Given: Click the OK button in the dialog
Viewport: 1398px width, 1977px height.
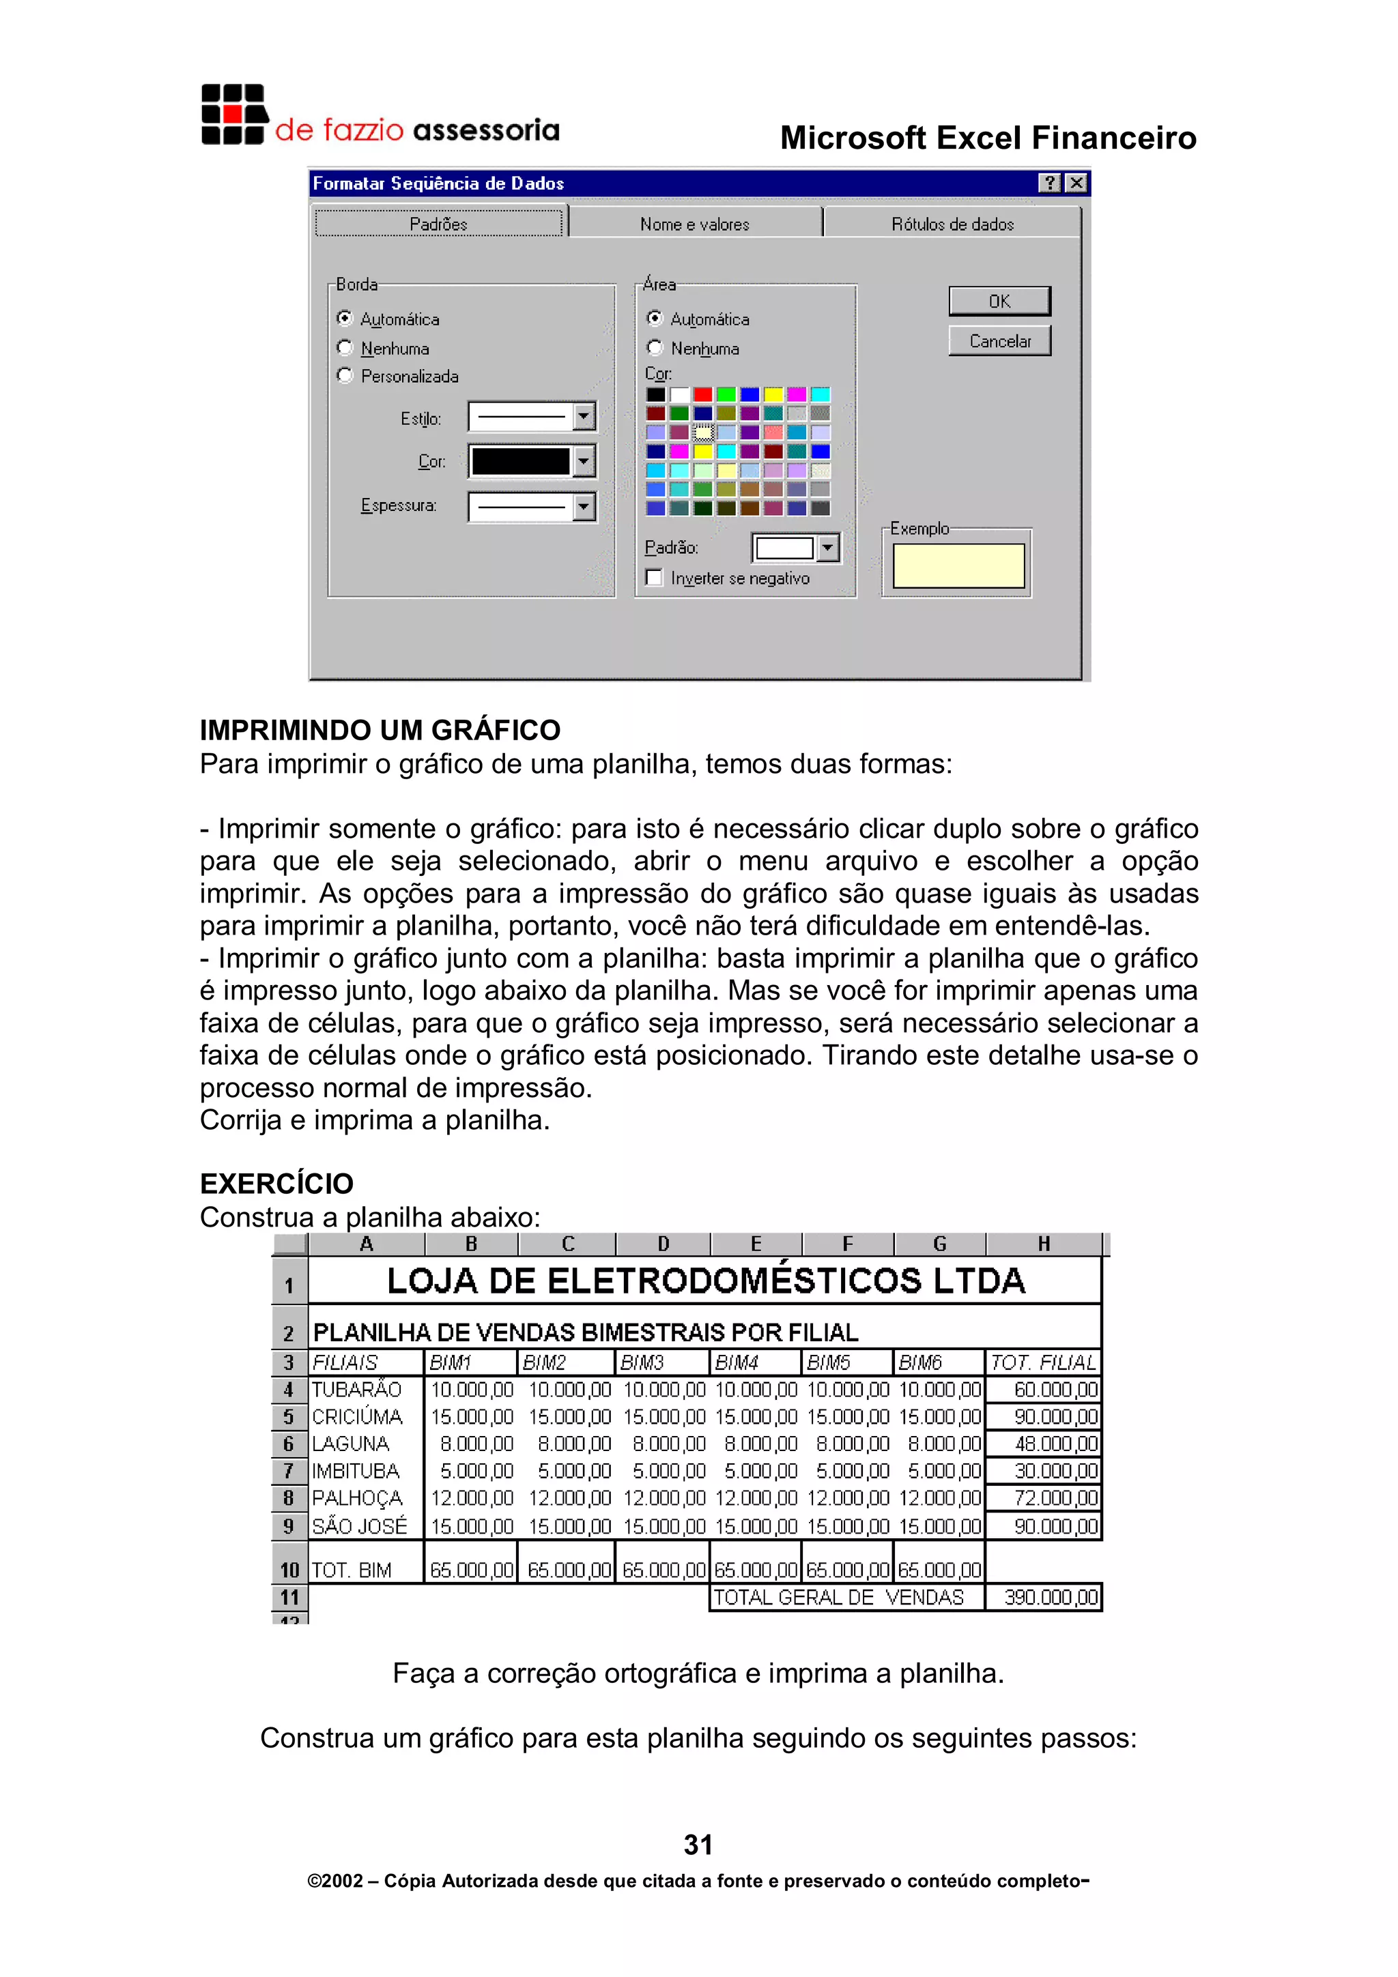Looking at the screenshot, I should (999, 302).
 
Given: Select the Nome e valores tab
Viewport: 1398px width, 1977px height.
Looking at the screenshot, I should (694, 224).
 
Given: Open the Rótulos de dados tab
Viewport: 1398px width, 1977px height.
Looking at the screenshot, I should (952, 224).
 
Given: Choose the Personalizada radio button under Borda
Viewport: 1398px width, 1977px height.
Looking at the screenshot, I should (345, 375).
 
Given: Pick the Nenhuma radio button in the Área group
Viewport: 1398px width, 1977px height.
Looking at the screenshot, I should (655, 348).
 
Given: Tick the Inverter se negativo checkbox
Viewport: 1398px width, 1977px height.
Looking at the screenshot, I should (655, 578).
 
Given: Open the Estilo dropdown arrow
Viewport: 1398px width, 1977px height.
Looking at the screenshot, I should (584, 418).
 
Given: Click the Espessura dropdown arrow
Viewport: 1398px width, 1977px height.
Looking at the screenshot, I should (584, 506).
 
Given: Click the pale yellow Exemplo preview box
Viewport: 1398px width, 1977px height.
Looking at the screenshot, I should (958, 566).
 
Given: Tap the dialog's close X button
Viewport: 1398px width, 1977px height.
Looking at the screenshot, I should (1076, 184).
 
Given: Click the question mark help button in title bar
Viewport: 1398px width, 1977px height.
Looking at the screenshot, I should (1049, 184).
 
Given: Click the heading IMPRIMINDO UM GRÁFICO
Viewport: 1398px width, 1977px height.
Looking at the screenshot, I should (380, 730).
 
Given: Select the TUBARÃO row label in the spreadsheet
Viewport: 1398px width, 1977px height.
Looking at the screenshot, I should (356, 1390).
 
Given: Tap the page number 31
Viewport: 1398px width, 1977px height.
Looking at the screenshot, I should (698, 1845).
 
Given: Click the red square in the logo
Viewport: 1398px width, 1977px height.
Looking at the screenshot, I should (233, 115).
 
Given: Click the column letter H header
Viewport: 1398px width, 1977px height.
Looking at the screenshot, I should (1043, 1244).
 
